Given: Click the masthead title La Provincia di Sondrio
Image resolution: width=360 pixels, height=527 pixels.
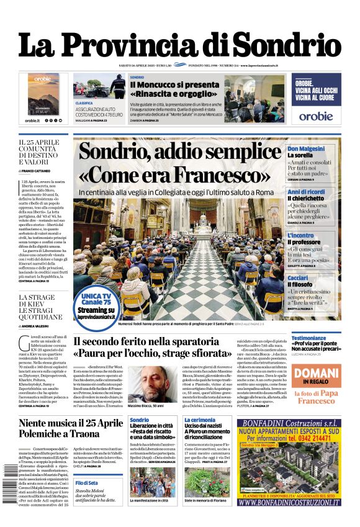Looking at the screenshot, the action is point(180,45).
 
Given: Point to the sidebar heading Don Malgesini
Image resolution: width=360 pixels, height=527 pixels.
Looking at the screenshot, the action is point(306,148).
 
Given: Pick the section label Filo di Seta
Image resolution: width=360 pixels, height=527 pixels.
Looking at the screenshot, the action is point(87,482).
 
